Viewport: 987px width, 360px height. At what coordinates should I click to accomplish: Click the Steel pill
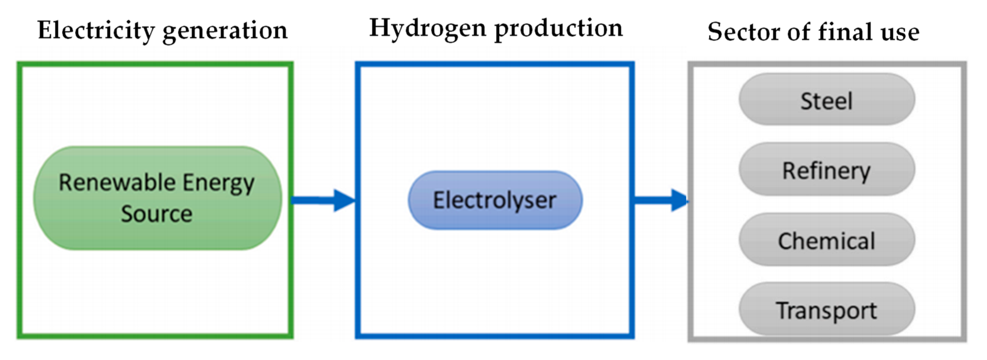(x=827, y=100)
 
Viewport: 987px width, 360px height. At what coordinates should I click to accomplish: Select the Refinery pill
(x=827, y=170)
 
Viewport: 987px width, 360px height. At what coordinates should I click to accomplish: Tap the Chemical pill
(x=827, y=240)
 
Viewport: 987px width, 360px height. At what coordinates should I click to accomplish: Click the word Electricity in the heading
(x=96, y=31)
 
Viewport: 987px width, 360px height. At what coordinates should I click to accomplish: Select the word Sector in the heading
(x=743, y=32)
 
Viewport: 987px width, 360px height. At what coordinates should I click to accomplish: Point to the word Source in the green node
(x=157, y=214)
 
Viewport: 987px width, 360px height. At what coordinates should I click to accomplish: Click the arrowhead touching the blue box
(x=344, y=200)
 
